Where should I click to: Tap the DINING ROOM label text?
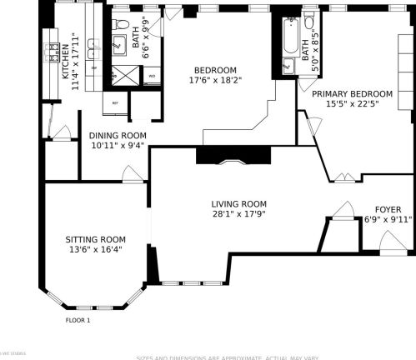[x=118, y=135]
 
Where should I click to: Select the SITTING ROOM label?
[x=96, y=239]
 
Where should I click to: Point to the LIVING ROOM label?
[x=238, y=203]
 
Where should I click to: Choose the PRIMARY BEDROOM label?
[x=352, y=94]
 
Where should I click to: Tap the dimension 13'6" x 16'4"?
[x=96, y=248]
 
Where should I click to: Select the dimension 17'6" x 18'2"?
[x=215, y=80]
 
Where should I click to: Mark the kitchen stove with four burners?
[x=51, y=50]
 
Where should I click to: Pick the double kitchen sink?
[x=48, y=73]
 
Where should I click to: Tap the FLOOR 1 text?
[x=78, y=319]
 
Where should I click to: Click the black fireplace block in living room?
[x=233, y=155]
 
